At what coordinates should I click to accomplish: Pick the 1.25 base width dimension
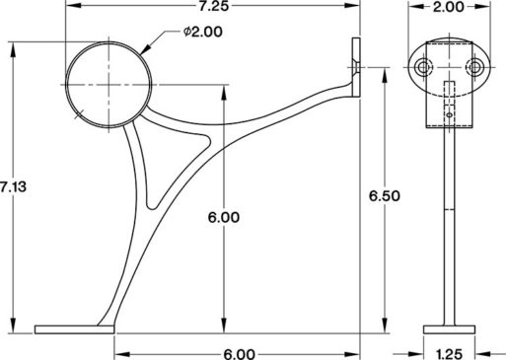pos(447,351)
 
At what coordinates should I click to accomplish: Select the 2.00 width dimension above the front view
pos(447,8)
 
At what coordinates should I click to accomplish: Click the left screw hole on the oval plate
pos(423,65)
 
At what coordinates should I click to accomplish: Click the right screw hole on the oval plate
pos(475,65)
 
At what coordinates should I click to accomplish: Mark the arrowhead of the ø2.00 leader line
pos(141,49)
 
